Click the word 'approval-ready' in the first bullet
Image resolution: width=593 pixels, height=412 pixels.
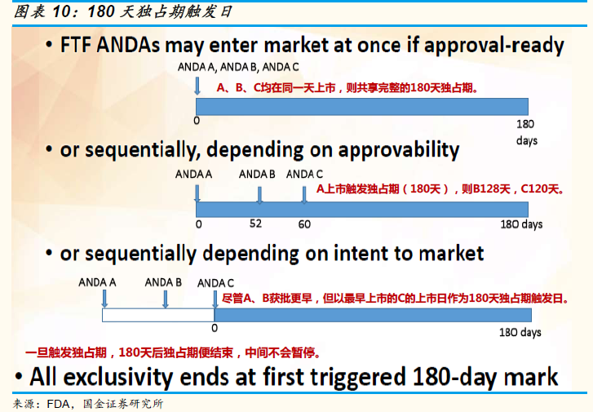click(x=494, y=46)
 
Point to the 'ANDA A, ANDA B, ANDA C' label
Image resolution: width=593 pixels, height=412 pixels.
click(x=238, y=67)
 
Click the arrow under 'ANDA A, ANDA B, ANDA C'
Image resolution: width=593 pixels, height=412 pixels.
click(x=197, y=86)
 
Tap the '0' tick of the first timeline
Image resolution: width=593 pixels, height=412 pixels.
click(x=197, y=121)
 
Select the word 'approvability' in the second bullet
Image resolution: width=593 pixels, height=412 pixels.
click(x=398, y=150)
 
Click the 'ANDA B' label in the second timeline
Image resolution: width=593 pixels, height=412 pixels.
click(x=257, y=174)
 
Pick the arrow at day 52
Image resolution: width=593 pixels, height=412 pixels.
click(x=259, y=195)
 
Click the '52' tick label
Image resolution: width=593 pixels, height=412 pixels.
click(x=255, y=224)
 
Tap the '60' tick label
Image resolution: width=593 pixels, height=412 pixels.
click(x=304, y=224)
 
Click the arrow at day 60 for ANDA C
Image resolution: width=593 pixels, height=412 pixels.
click(x=304, y=195)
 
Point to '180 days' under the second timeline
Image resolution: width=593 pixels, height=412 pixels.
click(x=521, y=224)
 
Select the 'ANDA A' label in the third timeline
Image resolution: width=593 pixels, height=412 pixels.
click(x=97, y=282)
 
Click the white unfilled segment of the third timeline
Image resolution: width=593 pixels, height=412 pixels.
click(x=158, y=315)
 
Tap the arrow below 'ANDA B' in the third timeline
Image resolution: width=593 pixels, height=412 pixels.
click(x=166, y=299)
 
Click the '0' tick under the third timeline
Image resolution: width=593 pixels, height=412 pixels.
click(x=215, y=328)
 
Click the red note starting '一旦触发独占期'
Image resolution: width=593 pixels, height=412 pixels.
click(x=174, y=352)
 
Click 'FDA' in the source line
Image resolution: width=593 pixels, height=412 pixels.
click(x=58, y=404)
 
